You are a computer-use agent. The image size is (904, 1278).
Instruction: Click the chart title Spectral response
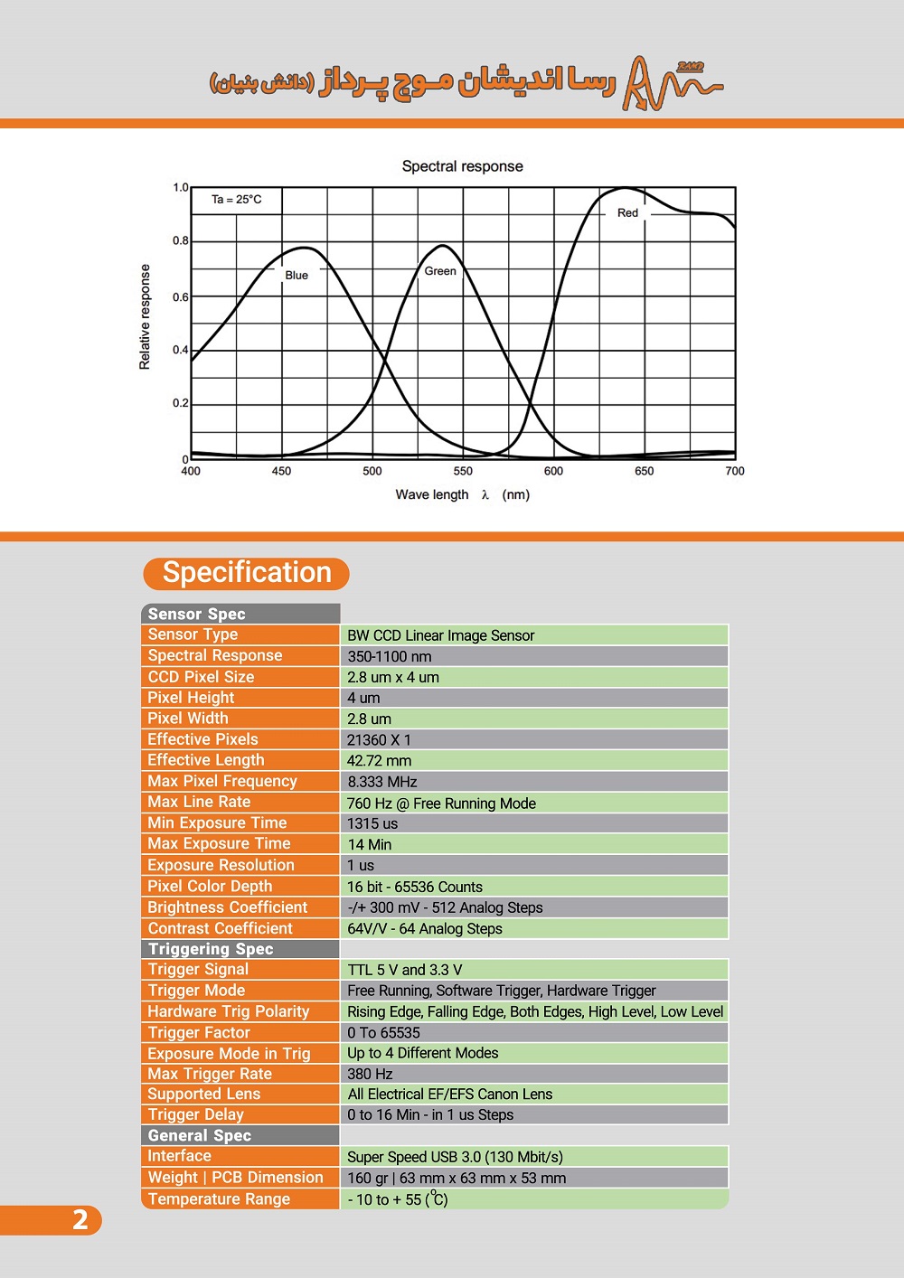point(462,166)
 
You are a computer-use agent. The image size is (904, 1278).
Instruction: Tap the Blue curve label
point(297,276)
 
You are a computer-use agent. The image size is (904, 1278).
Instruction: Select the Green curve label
point(440,271)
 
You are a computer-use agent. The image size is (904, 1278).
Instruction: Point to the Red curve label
point(627,213)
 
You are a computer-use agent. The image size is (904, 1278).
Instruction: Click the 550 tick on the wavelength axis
point(463,471)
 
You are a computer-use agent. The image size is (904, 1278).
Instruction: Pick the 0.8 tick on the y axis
point(181,240)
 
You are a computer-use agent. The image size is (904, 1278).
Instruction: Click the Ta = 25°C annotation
point(237,200)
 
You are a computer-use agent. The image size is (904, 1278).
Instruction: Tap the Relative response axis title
point(145,316)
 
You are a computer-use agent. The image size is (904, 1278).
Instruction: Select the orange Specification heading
point(247,573)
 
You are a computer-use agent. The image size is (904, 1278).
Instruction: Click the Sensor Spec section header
point(197,614)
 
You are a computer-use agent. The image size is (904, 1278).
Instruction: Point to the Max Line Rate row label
point(199,802)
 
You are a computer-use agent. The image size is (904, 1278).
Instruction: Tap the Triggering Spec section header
point(211,949)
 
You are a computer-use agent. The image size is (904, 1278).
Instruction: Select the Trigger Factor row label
point(199,1032)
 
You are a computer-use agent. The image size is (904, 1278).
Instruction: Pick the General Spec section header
point(200,1135)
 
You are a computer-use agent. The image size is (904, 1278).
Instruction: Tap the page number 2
point(80,1220)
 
